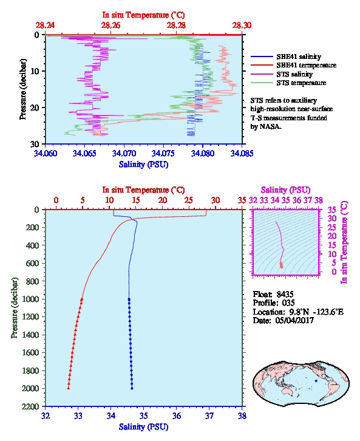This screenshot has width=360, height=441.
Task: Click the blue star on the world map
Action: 316,381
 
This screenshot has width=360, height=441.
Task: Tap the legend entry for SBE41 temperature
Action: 293,65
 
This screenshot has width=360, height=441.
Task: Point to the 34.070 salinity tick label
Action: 124,154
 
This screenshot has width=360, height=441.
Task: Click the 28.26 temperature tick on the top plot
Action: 110,26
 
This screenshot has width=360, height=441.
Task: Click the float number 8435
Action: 285,295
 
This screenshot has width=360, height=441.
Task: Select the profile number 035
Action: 288,303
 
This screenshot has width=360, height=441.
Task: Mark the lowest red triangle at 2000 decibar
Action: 68,388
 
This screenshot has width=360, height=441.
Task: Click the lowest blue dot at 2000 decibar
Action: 132,388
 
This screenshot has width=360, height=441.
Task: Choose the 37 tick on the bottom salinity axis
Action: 209,416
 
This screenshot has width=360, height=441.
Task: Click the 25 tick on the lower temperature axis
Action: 189,200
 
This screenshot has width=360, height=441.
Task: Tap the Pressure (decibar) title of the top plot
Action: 23,89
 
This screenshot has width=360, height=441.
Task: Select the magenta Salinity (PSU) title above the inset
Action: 285,190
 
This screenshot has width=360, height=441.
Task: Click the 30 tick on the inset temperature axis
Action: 332,219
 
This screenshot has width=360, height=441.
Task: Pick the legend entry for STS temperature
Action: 288,83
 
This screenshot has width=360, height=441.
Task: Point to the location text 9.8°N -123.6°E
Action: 316,312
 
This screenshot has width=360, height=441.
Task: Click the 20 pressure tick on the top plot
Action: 35,108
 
